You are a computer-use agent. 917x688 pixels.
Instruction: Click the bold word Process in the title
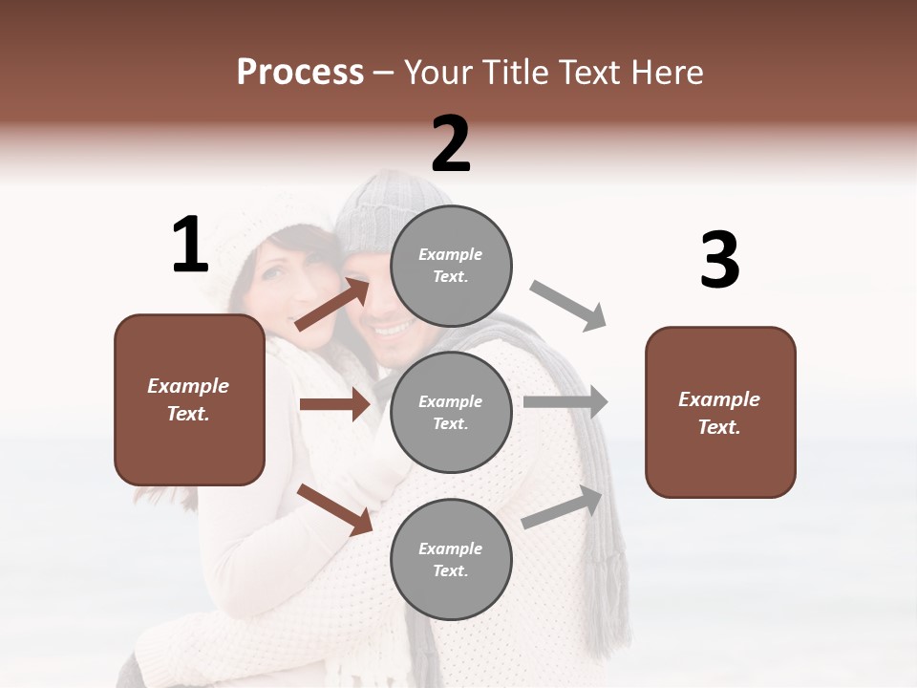pos(300,73)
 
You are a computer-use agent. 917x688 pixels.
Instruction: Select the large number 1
pos(190,246)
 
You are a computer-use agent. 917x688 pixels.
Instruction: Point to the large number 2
pos(451,144)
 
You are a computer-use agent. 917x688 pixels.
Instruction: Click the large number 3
pos(719,261)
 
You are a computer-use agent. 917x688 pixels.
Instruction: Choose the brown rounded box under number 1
pos(189,399)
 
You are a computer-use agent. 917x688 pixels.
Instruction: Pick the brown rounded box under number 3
pos(720,412)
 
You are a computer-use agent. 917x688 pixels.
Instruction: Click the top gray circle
pos(451,265)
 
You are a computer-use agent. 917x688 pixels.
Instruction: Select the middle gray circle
pos(451,412)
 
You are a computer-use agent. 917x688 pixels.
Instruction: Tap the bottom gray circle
pos(451,559)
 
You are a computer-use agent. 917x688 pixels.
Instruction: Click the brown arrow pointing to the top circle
pos(332,304)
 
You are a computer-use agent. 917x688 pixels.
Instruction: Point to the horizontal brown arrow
pos(334,404)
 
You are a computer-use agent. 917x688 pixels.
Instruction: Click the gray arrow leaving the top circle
pos(568,306)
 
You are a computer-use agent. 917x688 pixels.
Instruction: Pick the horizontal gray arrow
pos(565,402)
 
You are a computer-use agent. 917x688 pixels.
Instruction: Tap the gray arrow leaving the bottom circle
pos(563,506)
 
